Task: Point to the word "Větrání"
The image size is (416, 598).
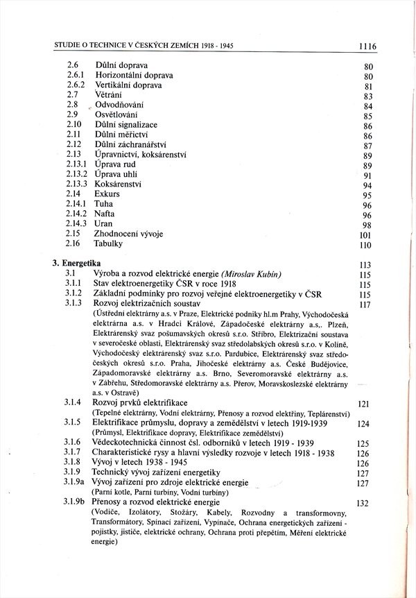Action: [108, 94]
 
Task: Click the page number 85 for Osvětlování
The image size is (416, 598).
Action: [368, 117]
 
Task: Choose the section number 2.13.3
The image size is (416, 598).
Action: [77, 184]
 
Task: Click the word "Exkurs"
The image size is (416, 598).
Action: [107, 194]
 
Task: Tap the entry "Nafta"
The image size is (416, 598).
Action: [105, 214]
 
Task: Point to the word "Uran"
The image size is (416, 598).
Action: [103, 224]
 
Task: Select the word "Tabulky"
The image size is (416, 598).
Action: [110, 244]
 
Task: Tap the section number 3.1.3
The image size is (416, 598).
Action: [74, 303]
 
